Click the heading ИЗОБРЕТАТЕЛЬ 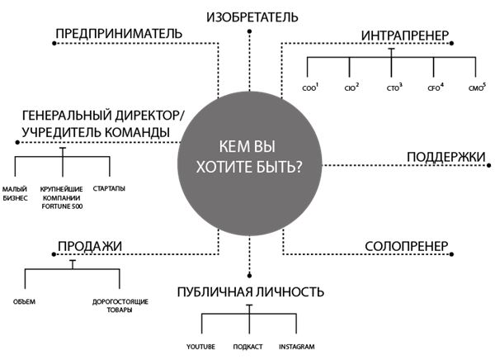(x=248, y=17)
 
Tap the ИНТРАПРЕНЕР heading (x=404, y=36)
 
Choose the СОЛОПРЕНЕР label (x=406, y=246)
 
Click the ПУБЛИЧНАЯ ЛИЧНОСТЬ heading (x=249, y=291)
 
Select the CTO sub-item (x=394, y=88)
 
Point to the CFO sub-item (x=435, y=88)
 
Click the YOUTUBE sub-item (x=201, y=347)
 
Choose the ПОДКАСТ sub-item (x=248, y=347)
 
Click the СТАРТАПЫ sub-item (x=109, y=189)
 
